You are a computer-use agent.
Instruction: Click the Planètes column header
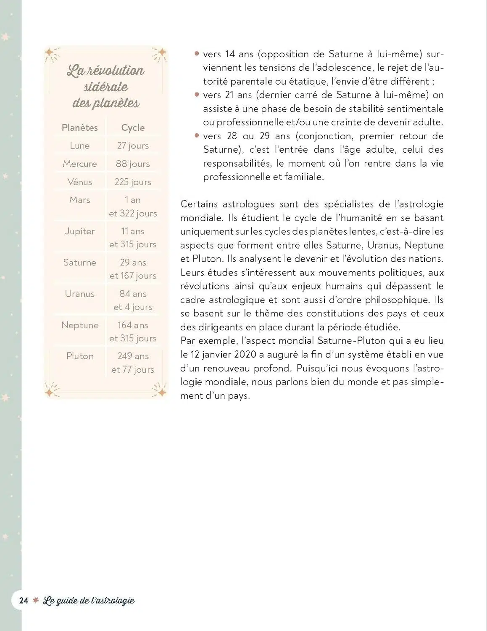[x=79, y=127]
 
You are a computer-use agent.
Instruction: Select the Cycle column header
[x=133, y=127]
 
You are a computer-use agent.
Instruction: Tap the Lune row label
[x=79, y=146]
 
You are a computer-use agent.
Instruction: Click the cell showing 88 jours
[x=133, y=164]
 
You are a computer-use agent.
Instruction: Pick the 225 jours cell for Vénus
[x=133, y=182]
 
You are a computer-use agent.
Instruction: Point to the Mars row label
[x=79, y=200]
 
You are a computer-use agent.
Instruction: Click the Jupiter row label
[x=79, y=231]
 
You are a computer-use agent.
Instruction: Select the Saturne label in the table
[x=79, y=262]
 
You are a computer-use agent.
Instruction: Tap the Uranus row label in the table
[x=79, y=294]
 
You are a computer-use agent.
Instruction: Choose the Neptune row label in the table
[x=79, y=325]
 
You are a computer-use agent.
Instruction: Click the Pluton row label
[x=79, y=356]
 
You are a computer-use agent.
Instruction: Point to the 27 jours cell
[x=133, y=146]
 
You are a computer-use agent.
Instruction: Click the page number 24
[x=24, y=600]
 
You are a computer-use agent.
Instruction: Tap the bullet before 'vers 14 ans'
[x=197, y=53]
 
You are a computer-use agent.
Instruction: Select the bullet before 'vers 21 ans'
[x=197, y=94]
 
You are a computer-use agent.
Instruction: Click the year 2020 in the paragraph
[x=245, y=354]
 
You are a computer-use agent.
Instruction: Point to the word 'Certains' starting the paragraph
[x=199, y=204]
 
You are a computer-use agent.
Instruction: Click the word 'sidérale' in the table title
[x=106, y=87]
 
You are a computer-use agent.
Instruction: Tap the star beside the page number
[x=36, y=600]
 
